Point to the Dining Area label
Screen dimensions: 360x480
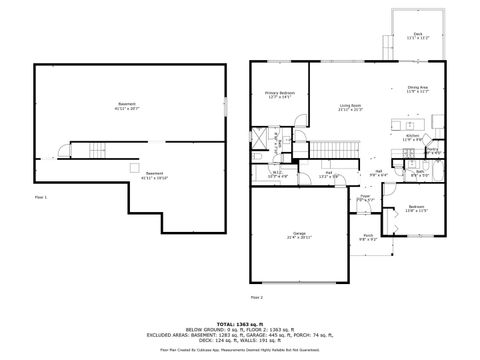point(417,88)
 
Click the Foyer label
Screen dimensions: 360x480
point(364,197)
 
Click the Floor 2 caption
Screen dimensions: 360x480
point(257,297)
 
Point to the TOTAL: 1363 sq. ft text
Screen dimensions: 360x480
point(240,323)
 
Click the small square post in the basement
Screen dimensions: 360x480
point(133,168)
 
